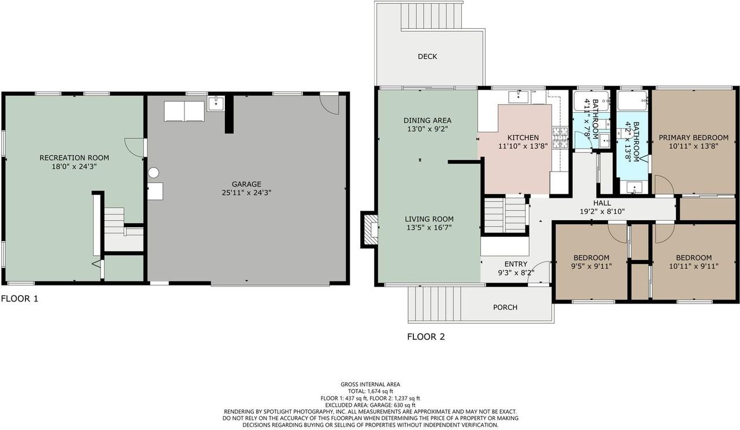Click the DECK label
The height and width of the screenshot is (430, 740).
coord(427,57)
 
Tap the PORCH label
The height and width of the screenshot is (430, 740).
coord(505,307)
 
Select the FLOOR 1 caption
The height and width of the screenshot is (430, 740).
coord(20,299)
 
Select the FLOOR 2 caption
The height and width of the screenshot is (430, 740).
coord(426,336)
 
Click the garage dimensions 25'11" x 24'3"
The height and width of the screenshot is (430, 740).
coord(246,192)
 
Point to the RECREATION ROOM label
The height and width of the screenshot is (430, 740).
coord(75,158)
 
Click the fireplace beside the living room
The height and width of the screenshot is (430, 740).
coord(370,229)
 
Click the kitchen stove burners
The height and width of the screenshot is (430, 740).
coord(560,138)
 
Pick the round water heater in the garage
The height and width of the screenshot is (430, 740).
coord(153,172)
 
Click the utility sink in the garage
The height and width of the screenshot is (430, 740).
coord(216,103)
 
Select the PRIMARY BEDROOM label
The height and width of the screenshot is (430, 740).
coord(693,138)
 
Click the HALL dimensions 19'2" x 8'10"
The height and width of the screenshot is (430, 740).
coord(602,212)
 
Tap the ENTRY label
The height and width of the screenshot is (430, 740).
coord(516,264)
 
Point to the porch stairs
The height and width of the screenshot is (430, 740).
coord(434,304)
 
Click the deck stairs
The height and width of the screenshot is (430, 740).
coord(431,16)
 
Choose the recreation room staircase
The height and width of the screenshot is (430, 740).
coord(114,220)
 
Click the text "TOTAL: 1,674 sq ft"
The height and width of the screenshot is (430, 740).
coord(371,391)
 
